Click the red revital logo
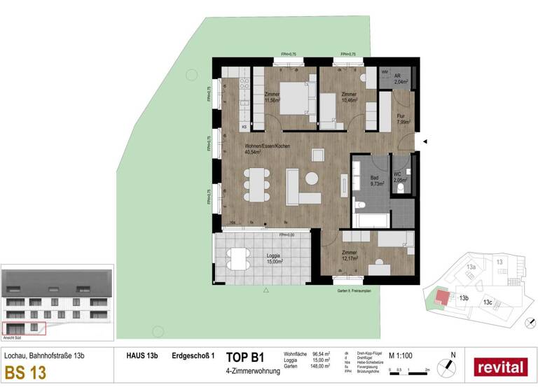pyautogui.click(x=501, y=366)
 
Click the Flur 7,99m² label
pyautogui.click(x=401, y=119)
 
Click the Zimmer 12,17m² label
pyautogui.click(x=350, y=255)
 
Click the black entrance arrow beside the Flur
pyautogui.click(x=425, y=142)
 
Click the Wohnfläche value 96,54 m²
pyautogui.click(x=322, y=354)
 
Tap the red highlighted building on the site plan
pyautogui.click(x=443, y=296)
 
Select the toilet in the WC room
pyautogui.click(x=401, y=188)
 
